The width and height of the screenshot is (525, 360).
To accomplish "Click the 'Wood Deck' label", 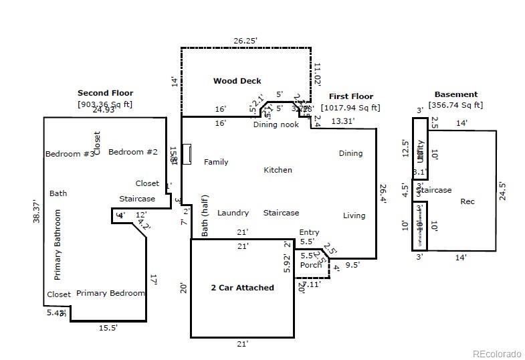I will click(x=237, y=81).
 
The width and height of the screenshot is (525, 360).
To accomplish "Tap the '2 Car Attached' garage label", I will click(x=242, y=288).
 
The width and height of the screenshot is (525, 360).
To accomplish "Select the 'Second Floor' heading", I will click(x=105, y=93).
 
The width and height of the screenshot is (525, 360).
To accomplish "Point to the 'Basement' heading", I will click(x=455, y=94).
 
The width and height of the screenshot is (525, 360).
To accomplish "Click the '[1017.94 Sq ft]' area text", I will click(x=350, y=107).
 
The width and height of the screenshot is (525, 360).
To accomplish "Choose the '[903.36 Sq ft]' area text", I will click(x=105, y=104).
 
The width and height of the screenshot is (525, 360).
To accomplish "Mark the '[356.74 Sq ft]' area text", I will click(x=455, y=105).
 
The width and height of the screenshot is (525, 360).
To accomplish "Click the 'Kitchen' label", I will click(x=278, y=170).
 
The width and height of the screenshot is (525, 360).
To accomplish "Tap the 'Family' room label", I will click(x=216, y=162).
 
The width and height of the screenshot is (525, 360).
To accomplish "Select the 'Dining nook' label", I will click(x=276, y=124).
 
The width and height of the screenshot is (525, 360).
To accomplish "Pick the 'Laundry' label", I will click(x=233, y=213).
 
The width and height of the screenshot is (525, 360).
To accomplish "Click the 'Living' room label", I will click(x=354, y=215).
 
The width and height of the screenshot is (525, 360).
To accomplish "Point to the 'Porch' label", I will click(x=310, y=265).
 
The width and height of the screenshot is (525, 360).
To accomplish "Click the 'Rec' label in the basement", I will click(x=467, y=201).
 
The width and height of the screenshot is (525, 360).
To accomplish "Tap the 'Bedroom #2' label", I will click(x=132, y=152).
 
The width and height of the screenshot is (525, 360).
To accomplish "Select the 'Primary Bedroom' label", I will click(x=110, y=293).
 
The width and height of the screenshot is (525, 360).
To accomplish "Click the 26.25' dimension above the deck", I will click(x=245, y=41).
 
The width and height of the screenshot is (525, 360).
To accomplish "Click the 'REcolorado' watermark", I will click(x=496, y=354).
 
